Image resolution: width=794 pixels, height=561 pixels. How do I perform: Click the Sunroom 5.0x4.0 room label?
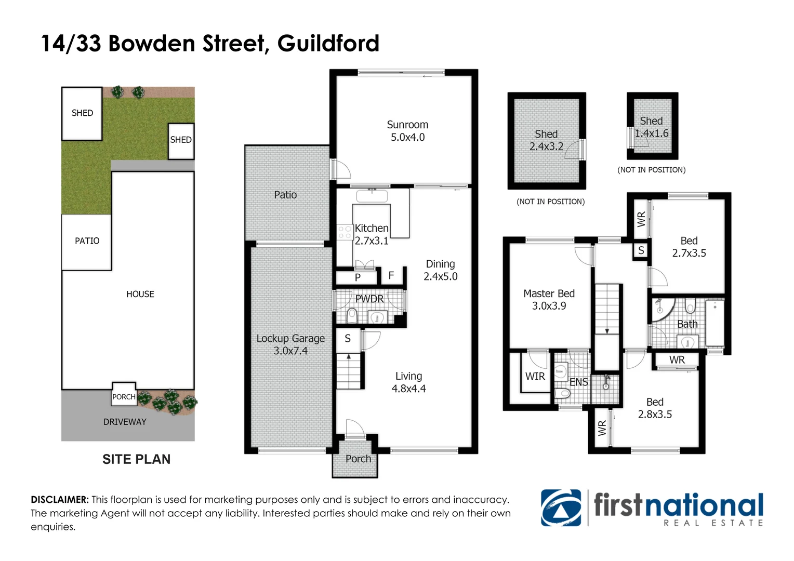click(x=407, y=131)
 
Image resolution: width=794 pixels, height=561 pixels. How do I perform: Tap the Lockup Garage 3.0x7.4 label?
click(x=290, y=344)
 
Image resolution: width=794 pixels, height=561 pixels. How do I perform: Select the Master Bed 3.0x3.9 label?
click(x=549, y=300)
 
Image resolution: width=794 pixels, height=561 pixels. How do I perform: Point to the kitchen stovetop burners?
click(x=345, y=232)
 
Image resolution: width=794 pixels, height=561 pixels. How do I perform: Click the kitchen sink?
click(x=372, y=196)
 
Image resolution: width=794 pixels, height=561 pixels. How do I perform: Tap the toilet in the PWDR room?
click(x=352, y=315)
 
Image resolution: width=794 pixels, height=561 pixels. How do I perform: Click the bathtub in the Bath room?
click(x=714, y=323)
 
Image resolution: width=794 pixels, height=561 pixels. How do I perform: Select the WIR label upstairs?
click(x=535, y=377)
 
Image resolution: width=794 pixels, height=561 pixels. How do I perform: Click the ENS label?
click(x=579, y=382)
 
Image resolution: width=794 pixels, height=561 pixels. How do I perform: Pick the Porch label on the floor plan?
click(x=358, y=459)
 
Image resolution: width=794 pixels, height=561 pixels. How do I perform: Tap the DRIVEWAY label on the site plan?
click(x=125, y=422)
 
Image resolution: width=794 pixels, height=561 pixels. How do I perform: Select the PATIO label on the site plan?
click(x=87, y=241)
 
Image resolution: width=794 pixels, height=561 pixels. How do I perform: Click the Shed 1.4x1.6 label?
click(x=652, y=127)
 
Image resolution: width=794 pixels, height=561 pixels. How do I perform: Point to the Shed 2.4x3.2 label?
click(x=546, y=140)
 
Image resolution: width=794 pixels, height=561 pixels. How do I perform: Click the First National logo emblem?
click(x=561, y=508)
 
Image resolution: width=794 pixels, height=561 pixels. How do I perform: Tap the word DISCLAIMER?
click(x=60, y=500)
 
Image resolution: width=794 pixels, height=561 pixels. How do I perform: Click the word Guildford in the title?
click(x=328, y=44)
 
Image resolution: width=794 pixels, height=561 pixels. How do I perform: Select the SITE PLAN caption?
click(x=137, y=459)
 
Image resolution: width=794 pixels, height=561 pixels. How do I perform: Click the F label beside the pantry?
click(x=391, y=275)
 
